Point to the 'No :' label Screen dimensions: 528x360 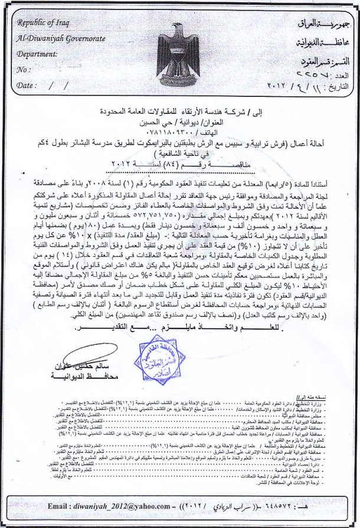point(24,69)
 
